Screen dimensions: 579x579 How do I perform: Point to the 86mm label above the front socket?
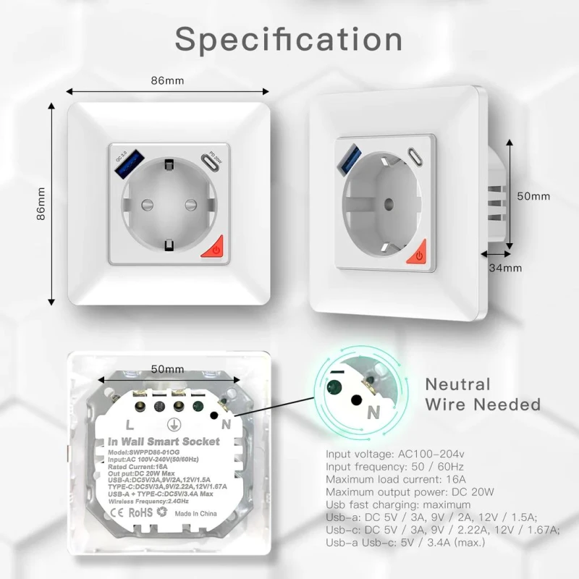pyautogui.click(x=167, y=80)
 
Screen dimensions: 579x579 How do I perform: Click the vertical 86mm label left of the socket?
pyautogui.click(x=41, y=203)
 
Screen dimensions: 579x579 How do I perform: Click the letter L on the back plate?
pyautogui.click(x=128, y=425)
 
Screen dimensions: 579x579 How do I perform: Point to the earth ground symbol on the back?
pyautogui.click(x=174, y=426)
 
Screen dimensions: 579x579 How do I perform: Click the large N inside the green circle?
pyautogui.click(x=374, y=413)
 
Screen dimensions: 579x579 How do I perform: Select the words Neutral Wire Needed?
pyautogui.click(x=482, y=394)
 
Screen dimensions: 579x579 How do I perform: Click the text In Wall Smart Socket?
pyautogui.click(x=164, y=441)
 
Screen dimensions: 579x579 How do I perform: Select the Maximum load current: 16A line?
pyautogui.click(x=397, y=479)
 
